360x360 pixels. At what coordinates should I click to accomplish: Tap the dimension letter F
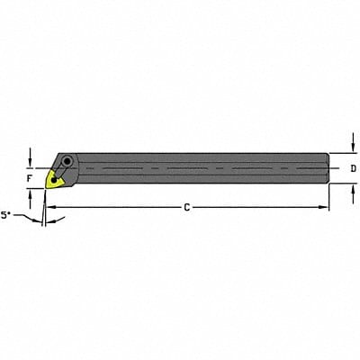pyautogui.click(x=29, y=178)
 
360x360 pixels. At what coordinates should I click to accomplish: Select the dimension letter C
pyautogui.click(x=186, y=208)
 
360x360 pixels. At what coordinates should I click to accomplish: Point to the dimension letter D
pyautogui.click(x=353, y=168)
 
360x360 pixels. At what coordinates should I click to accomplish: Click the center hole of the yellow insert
pyautogui.click(x=57, y=178)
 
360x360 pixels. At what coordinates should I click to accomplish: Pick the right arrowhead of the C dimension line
pyautogui.click(x=325, y=208)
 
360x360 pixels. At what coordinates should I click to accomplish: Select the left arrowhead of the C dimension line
pyautogui.click(x=49, y=208)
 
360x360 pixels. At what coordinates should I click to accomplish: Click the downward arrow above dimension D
pyautogui.click(x=350, y=150)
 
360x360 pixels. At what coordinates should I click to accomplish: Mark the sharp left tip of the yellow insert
pyautogui.click(x=47, y=179)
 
